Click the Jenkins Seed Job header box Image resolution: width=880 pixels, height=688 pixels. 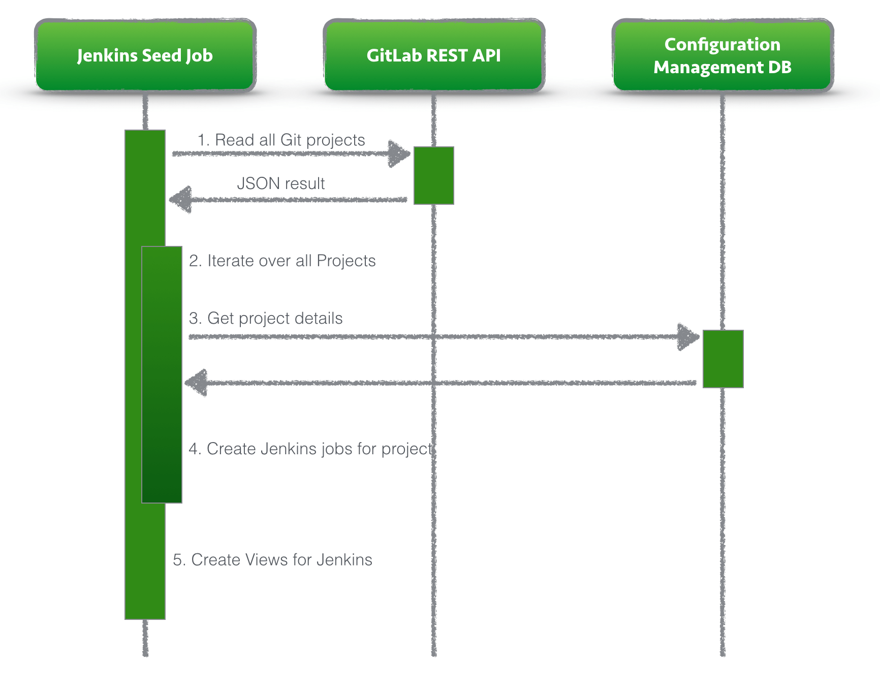[x=145, y=55]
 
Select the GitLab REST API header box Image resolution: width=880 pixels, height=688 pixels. [x=433, y=55]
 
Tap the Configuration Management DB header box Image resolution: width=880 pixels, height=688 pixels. [x=722, y=55]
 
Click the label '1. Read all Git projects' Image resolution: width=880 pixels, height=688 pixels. [x=281, y=140]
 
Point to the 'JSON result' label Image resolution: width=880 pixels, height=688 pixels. [x=280, y=183]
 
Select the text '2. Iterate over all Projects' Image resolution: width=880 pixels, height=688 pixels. [x=282, y=261]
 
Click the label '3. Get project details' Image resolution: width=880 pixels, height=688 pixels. [x=266, y=318]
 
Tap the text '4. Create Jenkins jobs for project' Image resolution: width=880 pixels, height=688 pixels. [x=310, y=449]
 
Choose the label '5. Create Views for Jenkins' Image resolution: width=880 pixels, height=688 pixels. [x=272, y=559]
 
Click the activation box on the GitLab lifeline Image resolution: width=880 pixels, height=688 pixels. [x=433, y=175]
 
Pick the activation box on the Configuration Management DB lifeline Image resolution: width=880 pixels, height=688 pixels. [x=722, y=359]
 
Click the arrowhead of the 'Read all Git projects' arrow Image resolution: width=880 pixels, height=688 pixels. [x=399, y=153]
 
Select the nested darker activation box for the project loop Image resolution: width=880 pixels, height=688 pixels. [x=162, y=374]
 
